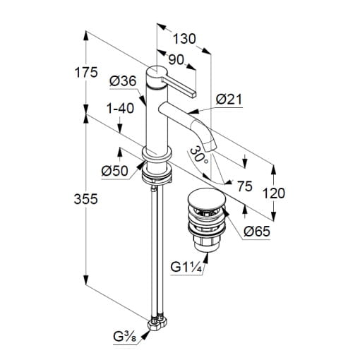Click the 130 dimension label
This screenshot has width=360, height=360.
point(184,39)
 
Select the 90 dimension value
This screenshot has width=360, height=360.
point(176,60)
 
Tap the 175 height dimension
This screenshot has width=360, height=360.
point(86,72)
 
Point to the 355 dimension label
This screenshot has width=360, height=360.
point(85,199)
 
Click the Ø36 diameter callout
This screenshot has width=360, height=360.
point(123,81)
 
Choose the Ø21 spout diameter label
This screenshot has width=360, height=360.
point(229,100)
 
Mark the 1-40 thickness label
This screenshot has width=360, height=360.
point(120,109)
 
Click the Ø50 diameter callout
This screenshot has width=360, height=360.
point(115,171)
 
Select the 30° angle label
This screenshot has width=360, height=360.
point(198,155)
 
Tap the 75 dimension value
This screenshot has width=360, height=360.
point(245,186)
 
